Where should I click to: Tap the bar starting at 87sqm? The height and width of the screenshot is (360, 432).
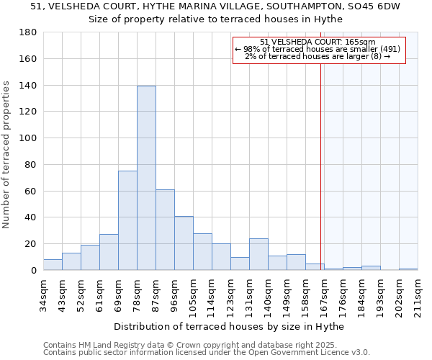165,230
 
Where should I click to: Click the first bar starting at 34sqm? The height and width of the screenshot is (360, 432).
53,265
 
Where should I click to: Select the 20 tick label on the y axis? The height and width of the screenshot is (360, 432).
32,244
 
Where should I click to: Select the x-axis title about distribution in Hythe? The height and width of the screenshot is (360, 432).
229,326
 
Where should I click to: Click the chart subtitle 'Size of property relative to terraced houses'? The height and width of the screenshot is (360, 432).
216,19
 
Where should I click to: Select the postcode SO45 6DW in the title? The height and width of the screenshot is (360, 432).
370,6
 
